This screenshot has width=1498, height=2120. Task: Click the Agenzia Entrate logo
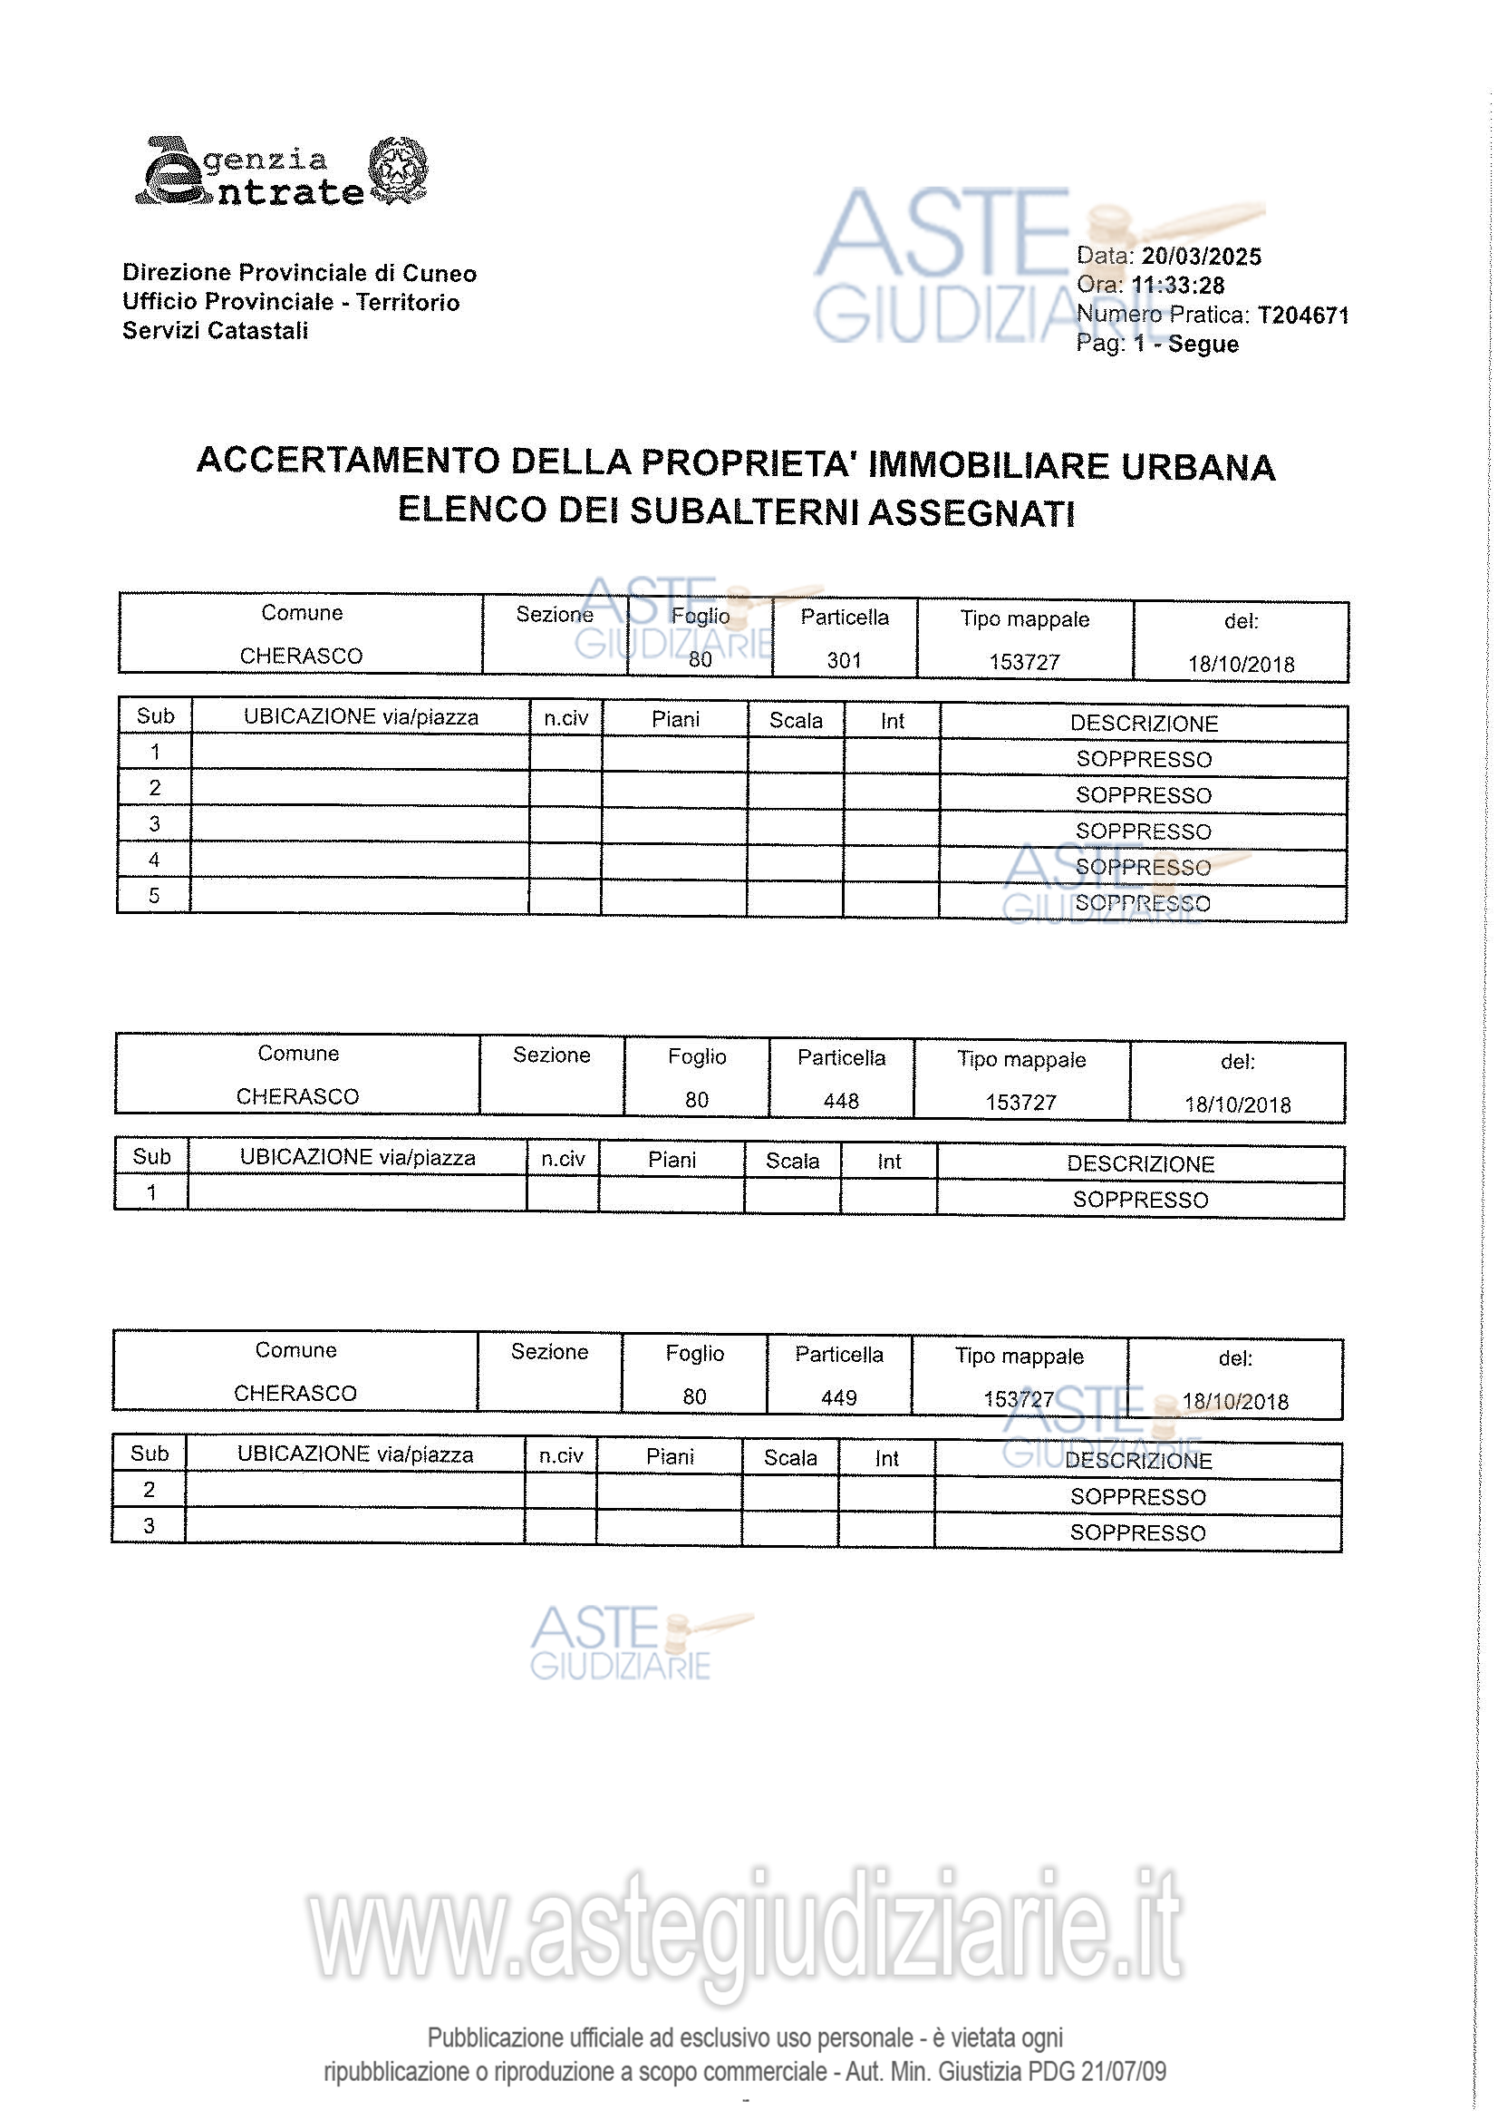click(281, 171)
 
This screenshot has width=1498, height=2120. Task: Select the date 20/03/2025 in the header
click(1201, 257)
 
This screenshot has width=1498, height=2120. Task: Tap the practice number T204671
click(1302, 316)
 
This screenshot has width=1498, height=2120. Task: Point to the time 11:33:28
click(1178, 286)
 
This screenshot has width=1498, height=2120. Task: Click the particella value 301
click(844, 660)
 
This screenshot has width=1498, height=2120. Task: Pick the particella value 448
click(841, 1101)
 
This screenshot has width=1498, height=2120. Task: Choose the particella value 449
click(838, 1397)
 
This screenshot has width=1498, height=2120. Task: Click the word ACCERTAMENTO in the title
click(348, 460)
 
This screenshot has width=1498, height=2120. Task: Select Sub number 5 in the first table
click(154, 895)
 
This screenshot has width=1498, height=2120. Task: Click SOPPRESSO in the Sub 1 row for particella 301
click(1144, 759)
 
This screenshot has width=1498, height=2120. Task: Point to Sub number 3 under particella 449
click(149, 1525)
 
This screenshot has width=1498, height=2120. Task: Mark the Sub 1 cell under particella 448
click(151, 1192)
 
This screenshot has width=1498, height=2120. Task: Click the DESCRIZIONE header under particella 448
click(1140, 1163)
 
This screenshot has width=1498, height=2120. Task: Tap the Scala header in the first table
click(796, 720)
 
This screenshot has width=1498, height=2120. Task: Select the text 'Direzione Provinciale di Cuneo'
click(299, 273)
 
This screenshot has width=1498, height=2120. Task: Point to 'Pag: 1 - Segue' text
click(1156, 345)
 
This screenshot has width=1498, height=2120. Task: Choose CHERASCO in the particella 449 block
click(295, 1393)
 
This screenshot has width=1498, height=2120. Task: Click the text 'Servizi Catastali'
click(215, 331)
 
